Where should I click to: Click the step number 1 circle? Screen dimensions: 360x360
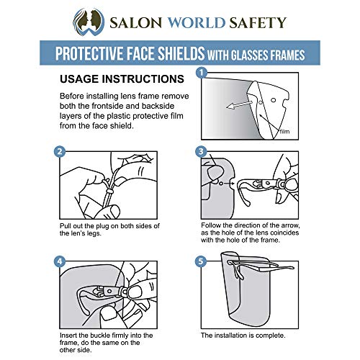202,73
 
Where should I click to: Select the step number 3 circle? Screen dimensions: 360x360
202,151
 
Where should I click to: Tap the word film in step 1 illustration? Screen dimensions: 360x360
286,132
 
